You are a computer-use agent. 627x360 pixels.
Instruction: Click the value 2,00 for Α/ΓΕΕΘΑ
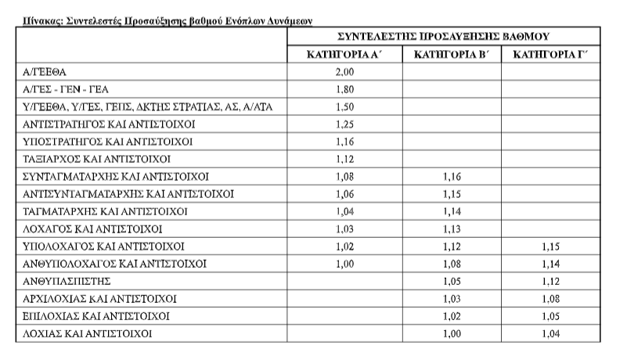344,71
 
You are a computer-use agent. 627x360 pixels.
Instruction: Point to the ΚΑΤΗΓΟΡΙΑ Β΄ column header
452,54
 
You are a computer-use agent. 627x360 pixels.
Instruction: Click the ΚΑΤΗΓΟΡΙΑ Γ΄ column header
550,54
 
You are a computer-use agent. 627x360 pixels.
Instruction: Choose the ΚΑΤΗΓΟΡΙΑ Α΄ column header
346,54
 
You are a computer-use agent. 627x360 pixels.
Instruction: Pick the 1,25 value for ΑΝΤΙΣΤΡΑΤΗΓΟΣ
344,124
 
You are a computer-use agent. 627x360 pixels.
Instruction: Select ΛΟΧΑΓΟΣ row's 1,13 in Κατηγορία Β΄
452,229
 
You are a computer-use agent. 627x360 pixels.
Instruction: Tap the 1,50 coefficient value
344,106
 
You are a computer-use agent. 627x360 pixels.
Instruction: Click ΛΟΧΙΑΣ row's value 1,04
551,333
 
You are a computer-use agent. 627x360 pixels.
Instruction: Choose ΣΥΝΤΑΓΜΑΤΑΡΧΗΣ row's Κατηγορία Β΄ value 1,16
452,176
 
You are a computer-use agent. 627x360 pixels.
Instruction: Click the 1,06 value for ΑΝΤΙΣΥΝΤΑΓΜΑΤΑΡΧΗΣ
344,193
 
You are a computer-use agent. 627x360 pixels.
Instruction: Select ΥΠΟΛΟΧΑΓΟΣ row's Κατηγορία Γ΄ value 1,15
551,246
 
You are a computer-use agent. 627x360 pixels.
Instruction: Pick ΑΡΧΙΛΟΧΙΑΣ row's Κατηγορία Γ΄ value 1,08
551,298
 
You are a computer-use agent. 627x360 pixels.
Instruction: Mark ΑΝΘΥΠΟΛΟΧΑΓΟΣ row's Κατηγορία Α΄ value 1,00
344,264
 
